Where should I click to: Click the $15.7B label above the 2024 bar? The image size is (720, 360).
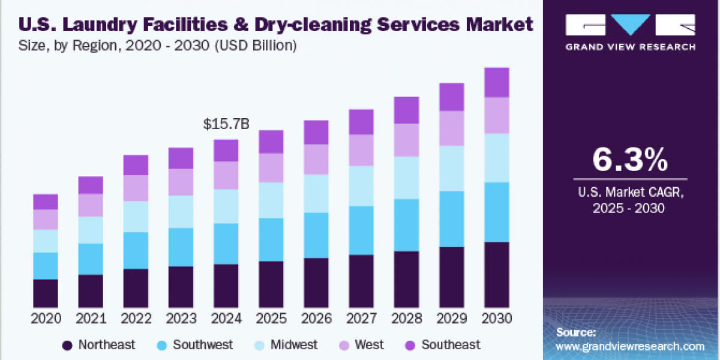coord(226,124)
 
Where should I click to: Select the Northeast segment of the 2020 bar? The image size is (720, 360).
coord(46,293)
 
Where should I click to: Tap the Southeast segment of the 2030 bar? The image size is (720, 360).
coord(496,82)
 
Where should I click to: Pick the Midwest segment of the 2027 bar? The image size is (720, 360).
coord(361,186)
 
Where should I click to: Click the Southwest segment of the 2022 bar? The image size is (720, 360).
coord(136,250)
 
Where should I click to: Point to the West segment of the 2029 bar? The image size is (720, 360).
coord(451,128)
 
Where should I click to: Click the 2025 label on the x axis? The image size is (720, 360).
coord(271,319)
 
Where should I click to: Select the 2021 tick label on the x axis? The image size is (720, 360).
coord(91,319)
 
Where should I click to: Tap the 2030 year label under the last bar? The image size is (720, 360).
coord(496,319)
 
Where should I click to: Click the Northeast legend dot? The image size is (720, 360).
coord(67,345)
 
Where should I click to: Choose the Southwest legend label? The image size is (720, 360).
coord(203,345)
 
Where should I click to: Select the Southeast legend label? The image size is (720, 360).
coord(451,345)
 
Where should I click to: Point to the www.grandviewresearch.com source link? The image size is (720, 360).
coord(630,346)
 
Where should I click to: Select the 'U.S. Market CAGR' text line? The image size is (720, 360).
coord(629,193)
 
